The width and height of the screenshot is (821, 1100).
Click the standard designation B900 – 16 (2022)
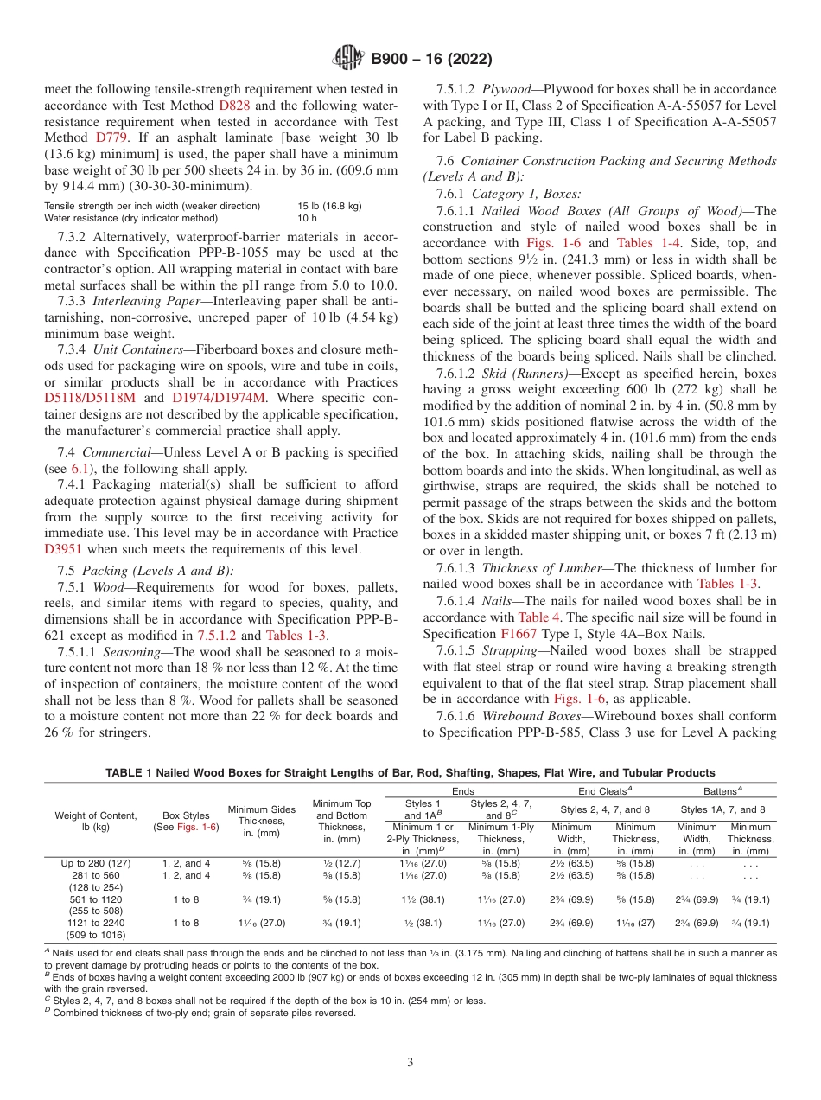431,60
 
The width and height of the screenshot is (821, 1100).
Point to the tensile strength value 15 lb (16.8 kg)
329,206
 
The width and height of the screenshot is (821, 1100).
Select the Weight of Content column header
96,815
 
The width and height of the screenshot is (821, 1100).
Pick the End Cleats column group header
605,790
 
